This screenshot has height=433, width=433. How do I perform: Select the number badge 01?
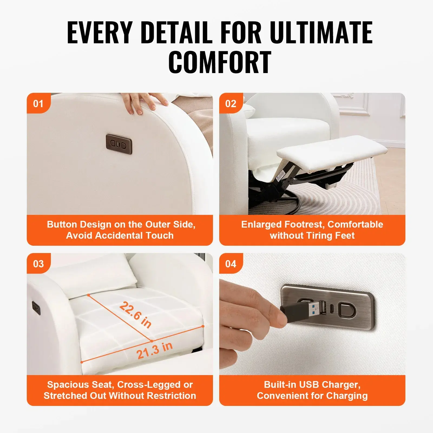[38, 103]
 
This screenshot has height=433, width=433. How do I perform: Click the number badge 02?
[231, 103]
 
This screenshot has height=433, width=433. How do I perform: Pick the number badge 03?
[38, 264]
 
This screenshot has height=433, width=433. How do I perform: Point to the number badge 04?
[231, 264]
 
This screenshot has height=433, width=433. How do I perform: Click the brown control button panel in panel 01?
[119, 144]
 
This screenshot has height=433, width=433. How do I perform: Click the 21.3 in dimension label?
[154, 350]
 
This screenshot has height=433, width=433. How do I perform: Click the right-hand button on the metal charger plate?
[347, 310]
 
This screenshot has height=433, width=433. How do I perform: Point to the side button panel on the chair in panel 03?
[36, 308]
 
